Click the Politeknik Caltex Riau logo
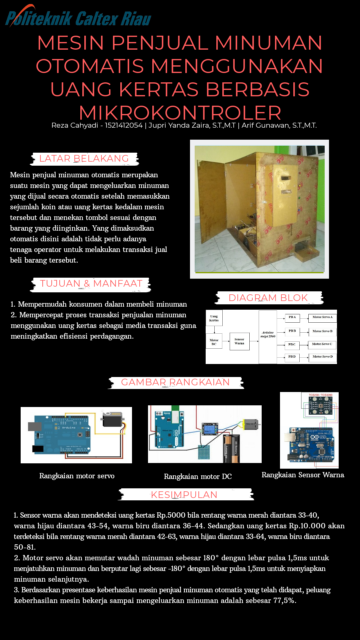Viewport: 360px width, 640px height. click(78, 17)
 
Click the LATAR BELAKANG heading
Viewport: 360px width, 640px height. click(84, 159)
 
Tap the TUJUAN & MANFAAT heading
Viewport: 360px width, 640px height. click(91, 284)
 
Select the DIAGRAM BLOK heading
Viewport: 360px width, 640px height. click(268, 298)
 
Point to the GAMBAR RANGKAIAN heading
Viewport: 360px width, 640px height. click(175, 382)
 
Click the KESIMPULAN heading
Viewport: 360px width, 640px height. click(184, 495)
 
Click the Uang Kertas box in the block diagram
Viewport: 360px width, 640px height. click(214, 318)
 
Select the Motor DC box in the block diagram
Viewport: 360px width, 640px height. click(214, 342)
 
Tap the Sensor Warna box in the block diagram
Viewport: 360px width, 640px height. click(239, 341)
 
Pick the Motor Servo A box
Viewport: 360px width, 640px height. click(322, 317)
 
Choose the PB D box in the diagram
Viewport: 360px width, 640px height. click(292, 357)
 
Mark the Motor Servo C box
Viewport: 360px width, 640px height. click(322, 344)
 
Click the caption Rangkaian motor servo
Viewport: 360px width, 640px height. click(77, 476)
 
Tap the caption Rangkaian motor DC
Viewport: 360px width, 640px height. click(198, 477)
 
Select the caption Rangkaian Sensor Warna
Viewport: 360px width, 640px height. click(303, 475)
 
